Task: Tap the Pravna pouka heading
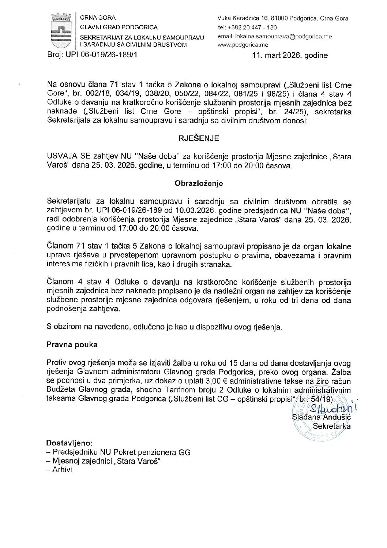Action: (72, 345)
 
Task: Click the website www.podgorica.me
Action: (243, 45)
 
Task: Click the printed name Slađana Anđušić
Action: (321, 417)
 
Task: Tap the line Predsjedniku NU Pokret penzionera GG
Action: (119, 452)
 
